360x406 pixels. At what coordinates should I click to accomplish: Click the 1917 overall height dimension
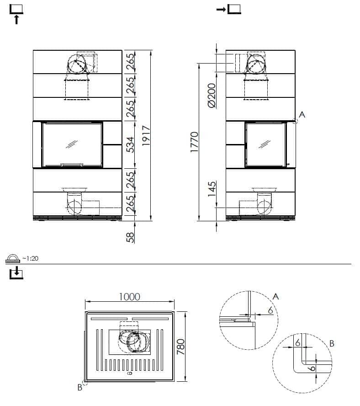click(146, 135)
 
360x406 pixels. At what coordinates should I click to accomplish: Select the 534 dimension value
click(131, 145)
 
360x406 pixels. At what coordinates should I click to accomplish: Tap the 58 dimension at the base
click(131, 237)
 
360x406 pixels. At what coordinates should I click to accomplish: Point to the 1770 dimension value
click(194, 142)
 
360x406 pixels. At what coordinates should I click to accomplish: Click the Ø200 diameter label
click(212, 95)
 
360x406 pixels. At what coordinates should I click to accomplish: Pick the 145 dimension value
click(212, 189)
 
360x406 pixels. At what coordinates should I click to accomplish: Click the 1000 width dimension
click(130, 297)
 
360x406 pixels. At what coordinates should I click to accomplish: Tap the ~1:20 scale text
click(30, 258)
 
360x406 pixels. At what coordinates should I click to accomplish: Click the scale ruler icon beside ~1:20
click(13, 259)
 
